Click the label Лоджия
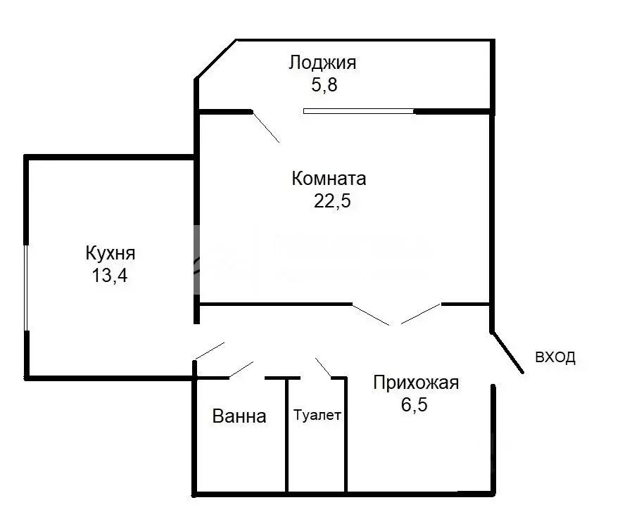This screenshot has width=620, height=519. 322,63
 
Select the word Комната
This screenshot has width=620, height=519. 329,179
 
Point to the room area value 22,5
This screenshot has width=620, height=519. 331,202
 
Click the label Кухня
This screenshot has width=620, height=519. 110,252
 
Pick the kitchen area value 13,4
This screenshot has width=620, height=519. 109,275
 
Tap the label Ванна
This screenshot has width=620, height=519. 239,417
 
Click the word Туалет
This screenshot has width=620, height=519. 317,416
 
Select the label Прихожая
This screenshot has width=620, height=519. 415,383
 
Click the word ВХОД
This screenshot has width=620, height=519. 555,357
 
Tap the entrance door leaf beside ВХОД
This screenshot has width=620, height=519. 507,351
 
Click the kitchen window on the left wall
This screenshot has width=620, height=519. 27,287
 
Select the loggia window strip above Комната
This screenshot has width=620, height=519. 359,111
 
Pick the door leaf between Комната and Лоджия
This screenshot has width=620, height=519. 266,127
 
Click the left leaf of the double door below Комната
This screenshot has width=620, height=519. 371,314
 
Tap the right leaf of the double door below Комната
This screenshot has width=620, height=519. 421,314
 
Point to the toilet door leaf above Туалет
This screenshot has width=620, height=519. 323,367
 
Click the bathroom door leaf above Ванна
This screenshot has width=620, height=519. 241,369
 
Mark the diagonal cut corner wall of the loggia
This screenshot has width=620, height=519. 215,60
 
